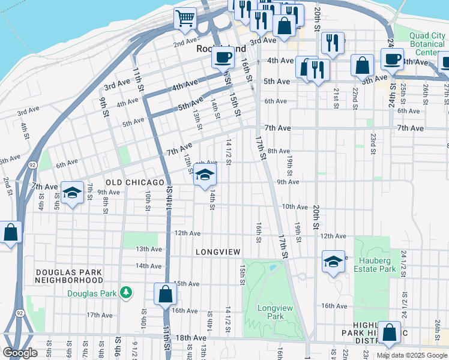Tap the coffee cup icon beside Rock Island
(223, 58)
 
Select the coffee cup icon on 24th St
(393, 60)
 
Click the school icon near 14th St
(205, 176)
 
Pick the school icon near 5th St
(72, 193)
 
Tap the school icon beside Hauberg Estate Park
(333, 262)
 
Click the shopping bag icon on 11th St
(165, 294)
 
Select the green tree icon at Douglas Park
(126, 292)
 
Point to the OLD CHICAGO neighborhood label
(135, 182)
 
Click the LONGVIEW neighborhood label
(217, 252)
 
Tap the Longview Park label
(270, 311)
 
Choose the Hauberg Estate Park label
(378, 265)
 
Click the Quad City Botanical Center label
(428, 44)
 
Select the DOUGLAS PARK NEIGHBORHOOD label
(69, 276)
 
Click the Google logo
(20, 353)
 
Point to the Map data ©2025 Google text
(412, 355)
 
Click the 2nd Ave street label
(185, 44)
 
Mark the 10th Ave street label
(295, 206)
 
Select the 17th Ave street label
(100, 314)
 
